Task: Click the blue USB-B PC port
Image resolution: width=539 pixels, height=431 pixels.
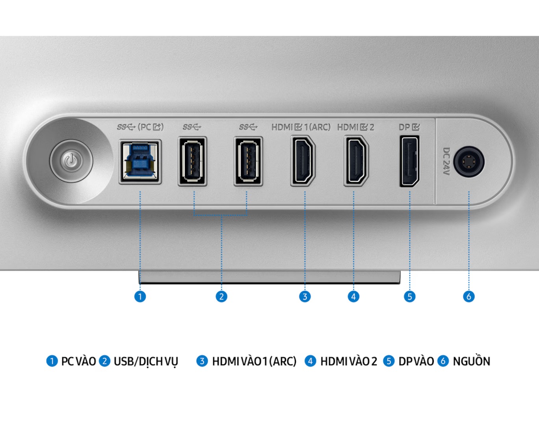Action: click(140, 162)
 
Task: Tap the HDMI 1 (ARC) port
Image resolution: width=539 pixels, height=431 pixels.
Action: click(303, 161)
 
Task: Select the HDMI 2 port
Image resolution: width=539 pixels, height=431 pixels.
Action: click(356, 161)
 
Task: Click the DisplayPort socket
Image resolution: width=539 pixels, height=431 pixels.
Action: click(409, 161)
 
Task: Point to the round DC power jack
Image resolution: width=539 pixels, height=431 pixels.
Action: click(468, 162)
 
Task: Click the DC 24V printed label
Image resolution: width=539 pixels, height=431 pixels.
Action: click(446, 162)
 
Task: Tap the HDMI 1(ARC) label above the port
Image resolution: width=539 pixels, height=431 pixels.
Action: click(301, 127)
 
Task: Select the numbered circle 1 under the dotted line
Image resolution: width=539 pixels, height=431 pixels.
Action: click(140, 296)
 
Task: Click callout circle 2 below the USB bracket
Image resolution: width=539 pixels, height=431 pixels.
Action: click(221, 296)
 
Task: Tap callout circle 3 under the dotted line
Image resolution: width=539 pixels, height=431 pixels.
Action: click(305, 296)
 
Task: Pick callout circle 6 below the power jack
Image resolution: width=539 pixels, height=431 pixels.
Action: click(468, 296)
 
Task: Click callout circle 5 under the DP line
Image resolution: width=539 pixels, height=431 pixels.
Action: click(409, 296)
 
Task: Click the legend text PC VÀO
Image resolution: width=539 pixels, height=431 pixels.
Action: click(78, 361)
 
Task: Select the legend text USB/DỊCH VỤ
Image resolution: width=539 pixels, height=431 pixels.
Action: click(146, 361)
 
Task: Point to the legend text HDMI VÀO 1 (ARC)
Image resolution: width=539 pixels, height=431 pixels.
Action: click(254, 361)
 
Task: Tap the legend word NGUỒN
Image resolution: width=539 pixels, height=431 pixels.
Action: click(471, 361)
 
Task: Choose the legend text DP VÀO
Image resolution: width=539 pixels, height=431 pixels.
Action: click(416, 361)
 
